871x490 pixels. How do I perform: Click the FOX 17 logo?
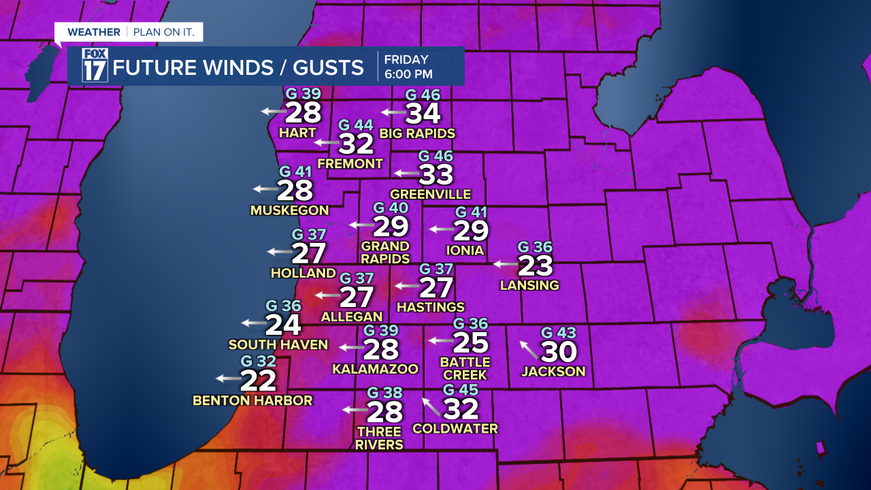[95, 66]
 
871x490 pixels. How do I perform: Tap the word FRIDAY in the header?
[406, 59]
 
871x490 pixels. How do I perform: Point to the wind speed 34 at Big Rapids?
[423, 113]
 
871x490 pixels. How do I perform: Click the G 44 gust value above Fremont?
[356, 125]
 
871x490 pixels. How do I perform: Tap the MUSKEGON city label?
[289, 210]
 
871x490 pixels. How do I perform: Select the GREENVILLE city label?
[431, 195]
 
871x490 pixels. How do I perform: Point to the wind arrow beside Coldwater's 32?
[431, 406]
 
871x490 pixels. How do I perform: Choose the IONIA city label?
[465, 250]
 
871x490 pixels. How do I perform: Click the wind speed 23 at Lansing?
[535, 265]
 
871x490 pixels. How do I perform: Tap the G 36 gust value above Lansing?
[535, 247]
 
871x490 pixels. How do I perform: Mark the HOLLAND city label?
[303, 273]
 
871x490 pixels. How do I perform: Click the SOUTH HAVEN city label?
[278, 344]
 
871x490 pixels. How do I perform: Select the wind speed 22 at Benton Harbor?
[259, 380]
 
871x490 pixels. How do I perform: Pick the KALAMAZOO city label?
[375, 369]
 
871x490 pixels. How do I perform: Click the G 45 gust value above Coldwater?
[461, 390]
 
